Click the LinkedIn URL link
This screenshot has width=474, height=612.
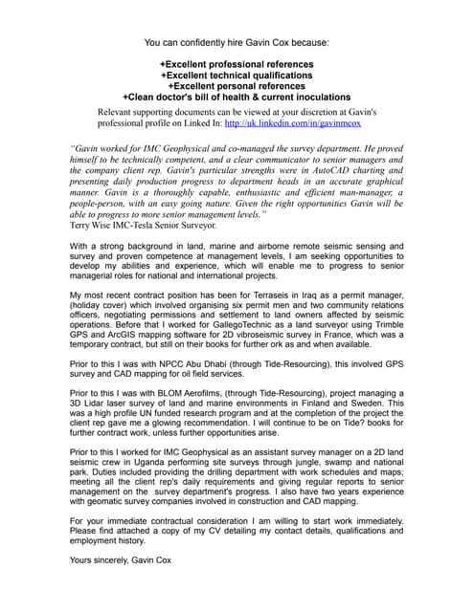tap(304, 122)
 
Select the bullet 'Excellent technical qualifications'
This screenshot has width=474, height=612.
tap(237, 74)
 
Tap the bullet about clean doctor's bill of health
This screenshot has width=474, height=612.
tap(237, 97)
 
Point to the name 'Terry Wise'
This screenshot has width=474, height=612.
tap(96, 226)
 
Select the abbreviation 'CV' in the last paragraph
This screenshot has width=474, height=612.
tap(237, 530)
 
